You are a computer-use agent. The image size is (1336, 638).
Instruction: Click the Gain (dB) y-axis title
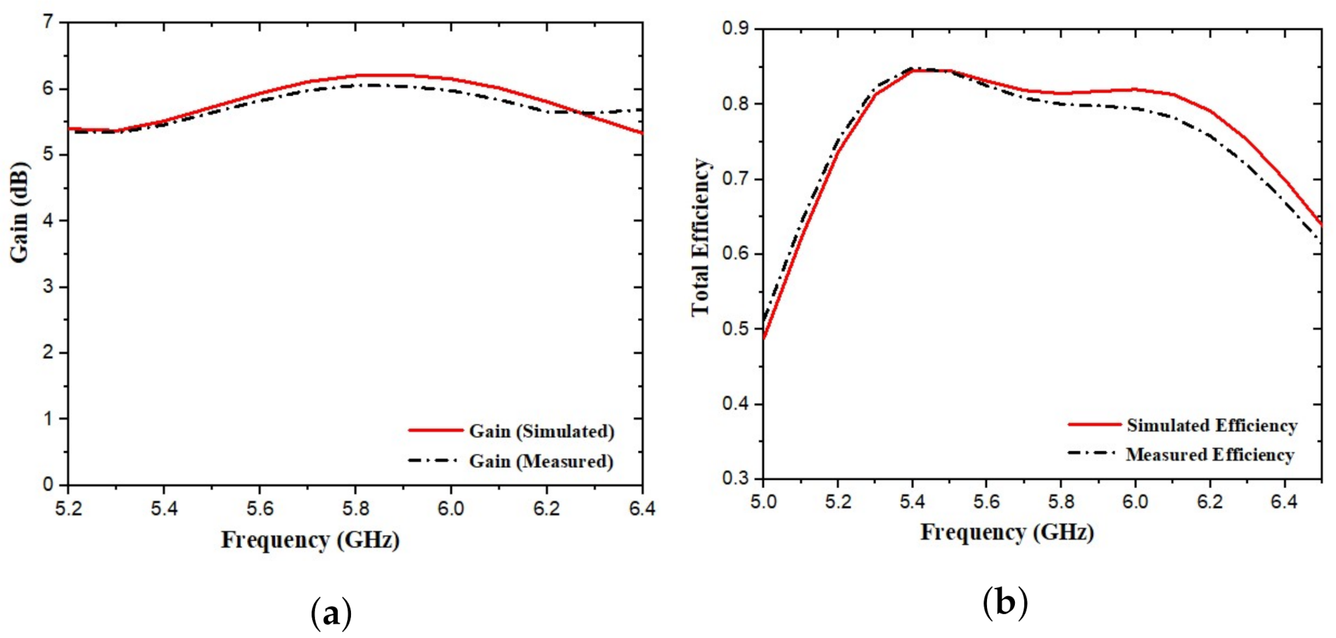pos(19,212)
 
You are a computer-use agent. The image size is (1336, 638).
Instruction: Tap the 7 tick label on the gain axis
pos(48,22)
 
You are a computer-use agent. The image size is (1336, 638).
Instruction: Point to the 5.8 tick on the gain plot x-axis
pos(355,508)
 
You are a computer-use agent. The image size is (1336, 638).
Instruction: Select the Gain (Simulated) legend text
pos(542,432)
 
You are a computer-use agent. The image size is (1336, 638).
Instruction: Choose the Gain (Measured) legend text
pos(541,461)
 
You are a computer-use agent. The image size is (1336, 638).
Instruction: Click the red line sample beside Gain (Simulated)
pos(435,430)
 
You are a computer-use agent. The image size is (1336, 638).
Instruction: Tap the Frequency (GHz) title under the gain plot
pos(310,541)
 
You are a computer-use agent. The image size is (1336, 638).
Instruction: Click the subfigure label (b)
pos(1005,602)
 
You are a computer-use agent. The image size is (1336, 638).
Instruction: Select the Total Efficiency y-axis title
pos(701,237)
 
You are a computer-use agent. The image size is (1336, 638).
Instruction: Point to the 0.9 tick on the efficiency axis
pos(735,29)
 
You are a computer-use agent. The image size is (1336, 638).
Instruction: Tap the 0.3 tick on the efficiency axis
pos(735,478)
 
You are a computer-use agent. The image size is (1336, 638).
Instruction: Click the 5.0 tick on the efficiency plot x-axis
pos(763,502)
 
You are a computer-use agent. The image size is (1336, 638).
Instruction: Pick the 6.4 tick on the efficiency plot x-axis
pos(1284,502)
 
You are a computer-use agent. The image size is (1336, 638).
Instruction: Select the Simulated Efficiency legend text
pos(1212,426)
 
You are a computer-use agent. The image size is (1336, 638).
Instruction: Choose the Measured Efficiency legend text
pos(1210,455)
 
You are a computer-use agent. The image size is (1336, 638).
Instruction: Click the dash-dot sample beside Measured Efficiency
pos(1091,453)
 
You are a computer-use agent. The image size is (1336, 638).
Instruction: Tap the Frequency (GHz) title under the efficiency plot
pos(1007,533)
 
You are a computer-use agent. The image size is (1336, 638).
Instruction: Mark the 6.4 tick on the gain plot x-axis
pos(642,508)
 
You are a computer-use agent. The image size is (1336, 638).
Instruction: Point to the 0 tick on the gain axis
pos(48,485)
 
